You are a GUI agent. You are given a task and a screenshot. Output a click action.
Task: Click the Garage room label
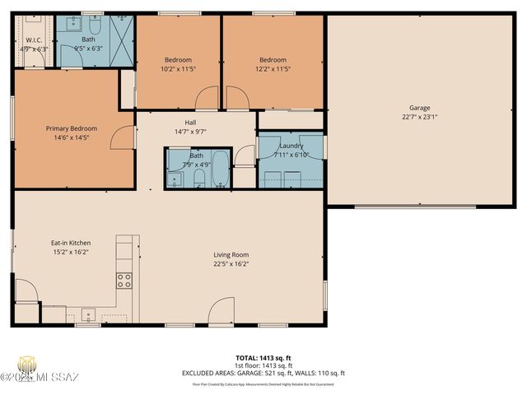point(420,108)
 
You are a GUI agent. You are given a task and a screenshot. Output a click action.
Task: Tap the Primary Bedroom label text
point(71,128)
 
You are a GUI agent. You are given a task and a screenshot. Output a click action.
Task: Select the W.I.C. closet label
point(34,39)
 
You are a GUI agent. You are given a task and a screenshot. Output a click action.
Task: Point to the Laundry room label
point(291,146)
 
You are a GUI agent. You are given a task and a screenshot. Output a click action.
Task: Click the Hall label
point(190,122)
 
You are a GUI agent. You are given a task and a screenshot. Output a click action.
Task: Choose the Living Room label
point(231,254)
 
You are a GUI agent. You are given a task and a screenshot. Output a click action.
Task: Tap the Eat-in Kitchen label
point(71,243)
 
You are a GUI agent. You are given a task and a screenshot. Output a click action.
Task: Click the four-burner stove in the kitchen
point(124,280)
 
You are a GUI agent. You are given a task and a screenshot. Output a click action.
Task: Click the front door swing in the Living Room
point(222,313)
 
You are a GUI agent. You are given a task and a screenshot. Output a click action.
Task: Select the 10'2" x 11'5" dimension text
point(178,69)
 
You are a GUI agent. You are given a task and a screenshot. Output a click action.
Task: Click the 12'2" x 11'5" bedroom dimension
point(273,69)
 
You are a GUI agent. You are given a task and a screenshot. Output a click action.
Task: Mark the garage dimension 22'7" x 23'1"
point(420,117)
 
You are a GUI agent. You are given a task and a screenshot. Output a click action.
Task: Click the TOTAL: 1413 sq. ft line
point(263,359)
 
